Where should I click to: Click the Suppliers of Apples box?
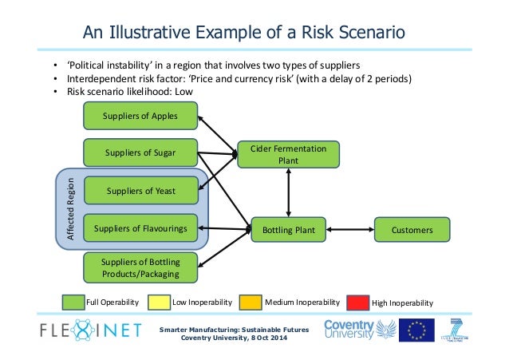tap(140, 117)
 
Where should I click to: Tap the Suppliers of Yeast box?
tap(140, 191)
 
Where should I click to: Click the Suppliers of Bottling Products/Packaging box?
tap(140, 267)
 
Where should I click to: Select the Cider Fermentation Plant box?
tap(288, 154)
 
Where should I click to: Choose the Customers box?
tap(412, 231)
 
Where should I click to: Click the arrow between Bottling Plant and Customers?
tap(349, 231)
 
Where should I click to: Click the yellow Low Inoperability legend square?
tap(160, 303)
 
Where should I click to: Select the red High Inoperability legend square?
tap(357, 303)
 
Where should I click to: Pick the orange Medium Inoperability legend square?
tap(250, 303)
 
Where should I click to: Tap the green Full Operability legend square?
tap(73, 303)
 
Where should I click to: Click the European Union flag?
tap(416, 330)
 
